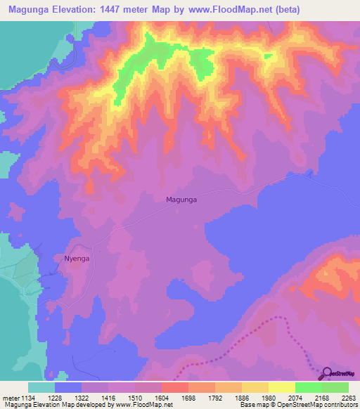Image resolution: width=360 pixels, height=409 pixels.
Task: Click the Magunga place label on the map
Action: (x=181, y=200)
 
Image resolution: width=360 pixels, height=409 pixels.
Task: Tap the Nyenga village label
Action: (x=78, y=258)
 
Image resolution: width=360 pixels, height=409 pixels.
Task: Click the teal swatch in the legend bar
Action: (x=41, y=387)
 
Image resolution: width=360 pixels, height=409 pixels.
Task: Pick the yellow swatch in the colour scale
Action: (x=281, y=387)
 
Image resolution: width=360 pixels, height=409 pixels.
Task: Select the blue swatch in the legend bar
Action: (x=68, y=387)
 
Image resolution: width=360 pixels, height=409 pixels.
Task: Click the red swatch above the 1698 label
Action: (x=174, y=387)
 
